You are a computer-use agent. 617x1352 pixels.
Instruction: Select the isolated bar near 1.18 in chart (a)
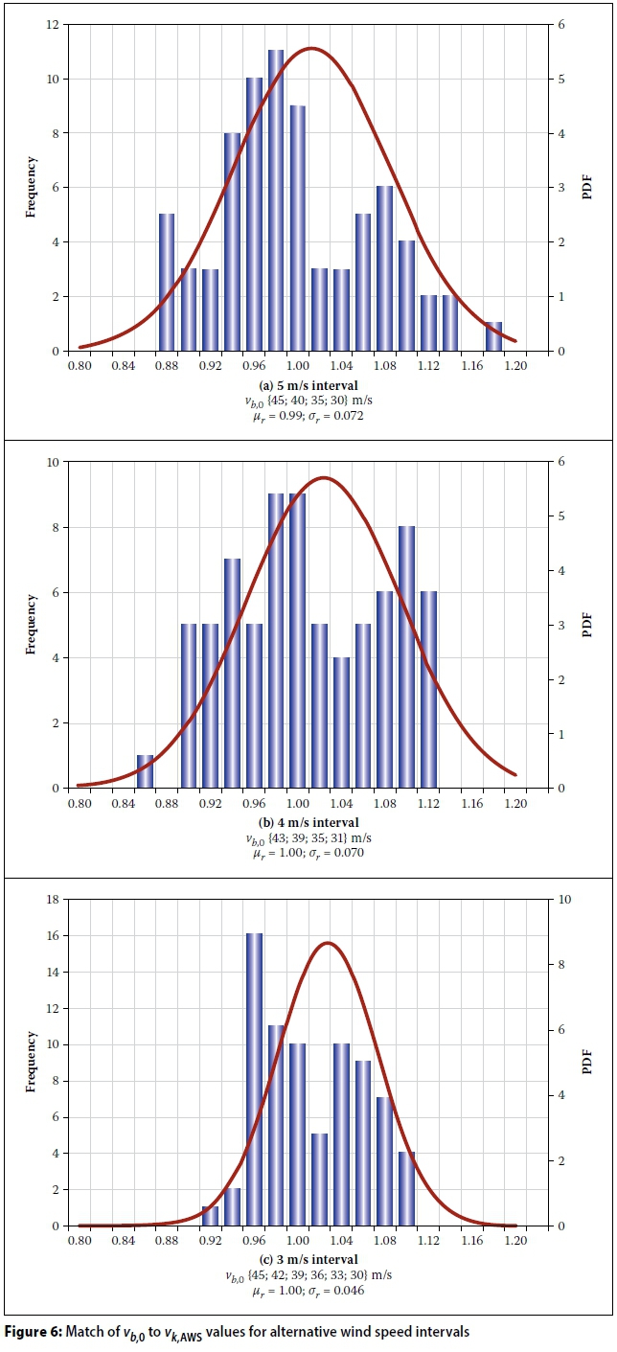click(493, 336)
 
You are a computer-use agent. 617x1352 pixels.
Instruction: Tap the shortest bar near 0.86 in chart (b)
click(145, 771)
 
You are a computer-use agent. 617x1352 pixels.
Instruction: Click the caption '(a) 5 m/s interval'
click(308, 385)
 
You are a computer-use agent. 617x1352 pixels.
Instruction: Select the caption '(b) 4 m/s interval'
click(308, 822)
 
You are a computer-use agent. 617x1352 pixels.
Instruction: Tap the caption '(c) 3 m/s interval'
click(308, 1259)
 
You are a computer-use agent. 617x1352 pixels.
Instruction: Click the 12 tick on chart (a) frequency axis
click(57, 25)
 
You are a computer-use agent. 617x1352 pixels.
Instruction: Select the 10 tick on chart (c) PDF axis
click(561, 899)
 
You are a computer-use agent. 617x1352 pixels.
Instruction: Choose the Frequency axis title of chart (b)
click(32, 625)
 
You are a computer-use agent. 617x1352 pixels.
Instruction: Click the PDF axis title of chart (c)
click(586, 1062)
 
